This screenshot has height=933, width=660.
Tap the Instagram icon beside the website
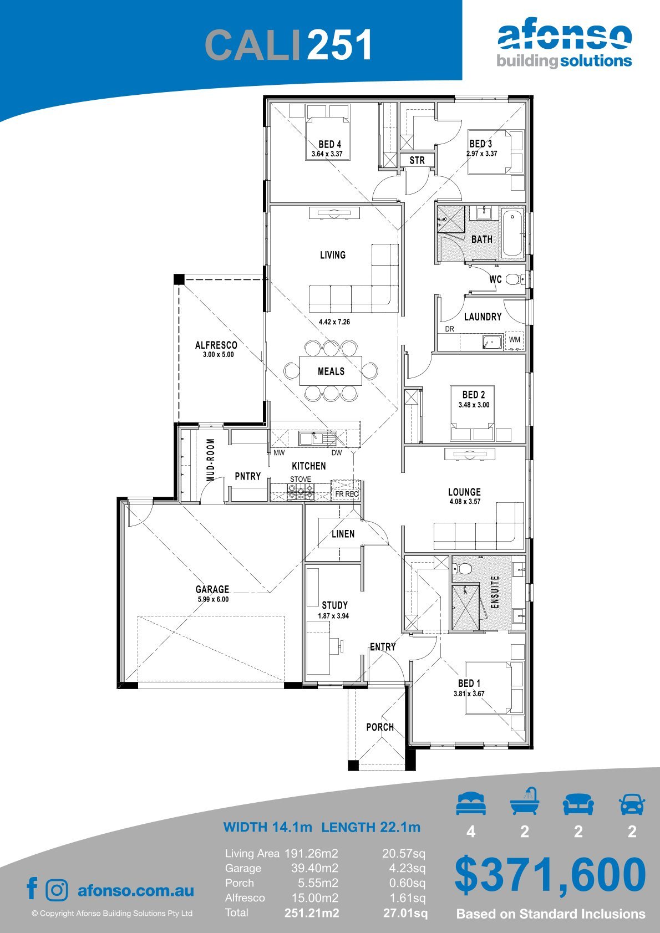57,890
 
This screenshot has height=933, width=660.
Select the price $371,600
550,875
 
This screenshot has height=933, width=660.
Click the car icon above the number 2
632,804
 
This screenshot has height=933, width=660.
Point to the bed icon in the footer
471,804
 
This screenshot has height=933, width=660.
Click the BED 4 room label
329,144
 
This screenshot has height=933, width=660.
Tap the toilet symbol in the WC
515,279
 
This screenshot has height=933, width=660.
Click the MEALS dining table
331,371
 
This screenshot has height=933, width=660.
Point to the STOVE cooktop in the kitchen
301,492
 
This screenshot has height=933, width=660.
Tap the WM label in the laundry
515,339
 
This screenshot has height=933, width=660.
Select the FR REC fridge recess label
347,494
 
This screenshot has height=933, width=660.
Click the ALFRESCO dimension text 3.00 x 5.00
219,355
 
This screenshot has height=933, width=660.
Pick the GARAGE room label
212,589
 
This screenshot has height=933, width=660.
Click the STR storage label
417,160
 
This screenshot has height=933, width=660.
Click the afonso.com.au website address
136,891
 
